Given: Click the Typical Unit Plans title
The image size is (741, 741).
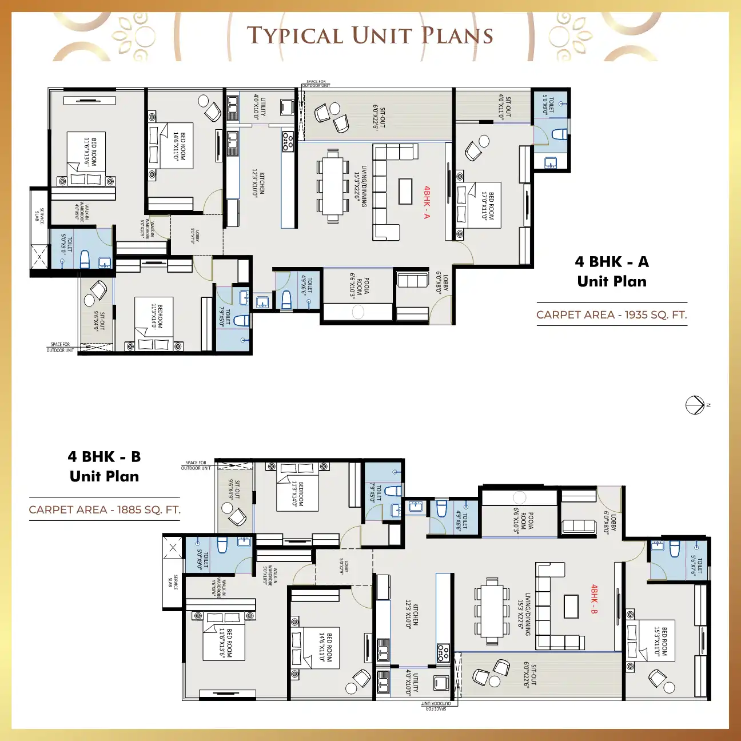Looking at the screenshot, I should (x=370, y=35).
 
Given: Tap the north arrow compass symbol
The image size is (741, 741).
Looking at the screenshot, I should (x=695, y=405).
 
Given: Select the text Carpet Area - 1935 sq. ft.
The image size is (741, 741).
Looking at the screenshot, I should (x=611, y=314).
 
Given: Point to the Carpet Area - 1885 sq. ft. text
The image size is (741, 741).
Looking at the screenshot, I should (x=105, y=509).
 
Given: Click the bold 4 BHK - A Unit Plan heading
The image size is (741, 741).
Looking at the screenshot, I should (x=612, y=272).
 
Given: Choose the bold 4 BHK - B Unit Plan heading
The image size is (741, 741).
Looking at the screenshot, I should (x=104, y=467).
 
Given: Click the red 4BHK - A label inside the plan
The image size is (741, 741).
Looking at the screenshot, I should (x=427, y=202).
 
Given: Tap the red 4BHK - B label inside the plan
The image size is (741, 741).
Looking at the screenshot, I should (x=594, y=599).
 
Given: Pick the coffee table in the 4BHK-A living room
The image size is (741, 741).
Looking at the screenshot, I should (x=405, y=191).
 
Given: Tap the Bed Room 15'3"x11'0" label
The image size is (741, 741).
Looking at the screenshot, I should (x=660, y=640).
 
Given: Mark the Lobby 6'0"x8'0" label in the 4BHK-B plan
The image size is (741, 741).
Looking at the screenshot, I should (x=609, y=523).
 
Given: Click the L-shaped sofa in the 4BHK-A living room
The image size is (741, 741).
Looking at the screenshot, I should (x=388, y=192).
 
